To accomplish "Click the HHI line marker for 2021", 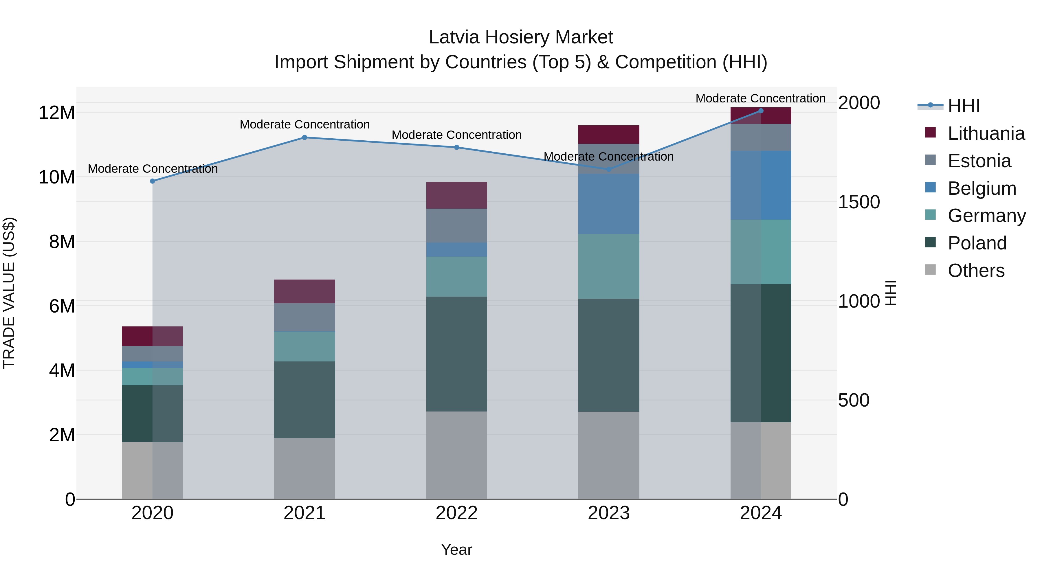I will [304, 137].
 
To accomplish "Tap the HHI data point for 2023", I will [609, 169].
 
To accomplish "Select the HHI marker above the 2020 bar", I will [153, 181].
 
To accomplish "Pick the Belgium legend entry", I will [982, 188].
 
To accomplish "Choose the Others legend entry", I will [976, 271].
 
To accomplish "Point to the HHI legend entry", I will [964, 106].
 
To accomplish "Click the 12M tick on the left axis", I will [57, 113].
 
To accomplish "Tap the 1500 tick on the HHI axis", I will [859, 202].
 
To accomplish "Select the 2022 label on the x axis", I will [457, 513].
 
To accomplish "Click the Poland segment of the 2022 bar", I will [457, 354].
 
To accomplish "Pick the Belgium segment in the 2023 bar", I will [609, 204].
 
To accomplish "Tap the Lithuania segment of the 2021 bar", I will [304, 291].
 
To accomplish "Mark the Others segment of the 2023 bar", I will [609, 455].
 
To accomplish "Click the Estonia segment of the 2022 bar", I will [457, 226].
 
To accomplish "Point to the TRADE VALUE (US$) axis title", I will [9, 293].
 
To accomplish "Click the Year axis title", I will [457, 550].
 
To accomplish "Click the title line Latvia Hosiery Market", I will [521, 37].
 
